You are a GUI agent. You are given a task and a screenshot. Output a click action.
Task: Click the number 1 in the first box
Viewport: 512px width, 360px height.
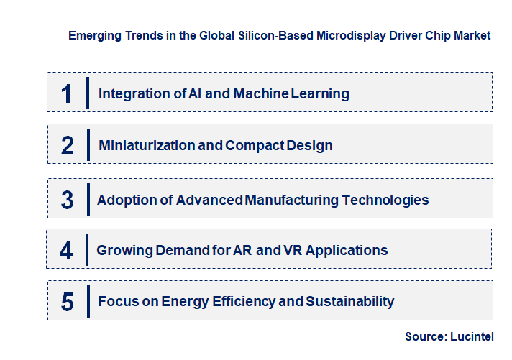click(x=67, y=93)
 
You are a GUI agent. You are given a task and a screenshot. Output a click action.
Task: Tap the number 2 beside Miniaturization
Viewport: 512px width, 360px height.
click(x=67, y=146)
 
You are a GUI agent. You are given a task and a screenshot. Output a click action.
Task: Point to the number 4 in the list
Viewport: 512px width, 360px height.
click(x=67, y=251)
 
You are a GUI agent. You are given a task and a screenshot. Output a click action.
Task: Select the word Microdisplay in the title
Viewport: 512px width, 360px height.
click(x=349, y=35)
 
